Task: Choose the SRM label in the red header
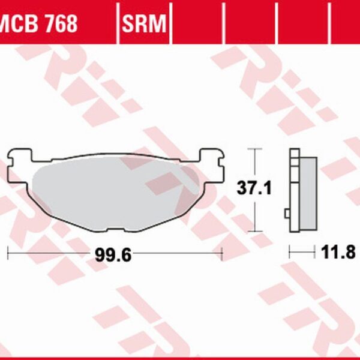click(145, 24)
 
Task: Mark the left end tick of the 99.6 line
click(7, 254)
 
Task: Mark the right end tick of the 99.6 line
click(223, 254)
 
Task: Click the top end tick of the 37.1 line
click(256, 148)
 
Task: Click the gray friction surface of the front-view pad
click(114, 192)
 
